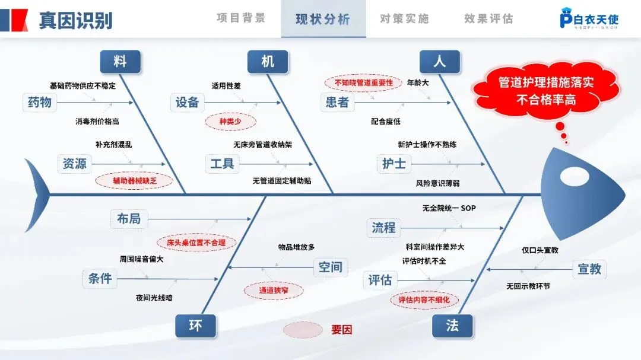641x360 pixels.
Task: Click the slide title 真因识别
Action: [x=75, y=20]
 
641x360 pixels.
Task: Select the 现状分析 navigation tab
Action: [x=323, y=19]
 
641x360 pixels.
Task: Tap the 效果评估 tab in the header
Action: [x=488, y=19]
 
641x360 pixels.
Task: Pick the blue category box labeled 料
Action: [x=120, y=61]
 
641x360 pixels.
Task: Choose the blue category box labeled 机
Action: [x=268, y=61]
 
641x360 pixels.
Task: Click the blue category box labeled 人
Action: [x=440, y=61]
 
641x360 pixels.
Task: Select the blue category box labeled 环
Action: [x=195, y=326]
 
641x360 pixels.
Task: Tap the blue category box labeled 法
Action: [x=452, y=326]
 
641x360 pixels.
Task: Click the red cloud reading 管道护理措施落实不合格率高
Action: [x=545, y=91]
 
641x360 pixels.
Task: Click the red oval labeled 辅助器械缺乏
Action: [x=134, y=180]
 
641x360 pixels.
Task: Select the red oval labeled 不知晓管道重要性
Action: [x=364, y=83]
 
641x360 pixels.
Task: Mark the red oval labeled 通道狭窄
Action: [x=273, y=291]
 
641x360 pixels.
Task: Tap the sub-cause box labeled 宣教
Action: [x=589, y=269]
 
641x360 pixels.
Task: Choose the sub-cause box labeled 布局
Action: [x=129, y=218]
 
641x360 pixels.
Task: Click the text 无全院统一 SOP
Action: [x=449, y=208]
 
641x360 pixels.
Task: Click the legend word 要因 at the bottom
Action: [x=341, y=330]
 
